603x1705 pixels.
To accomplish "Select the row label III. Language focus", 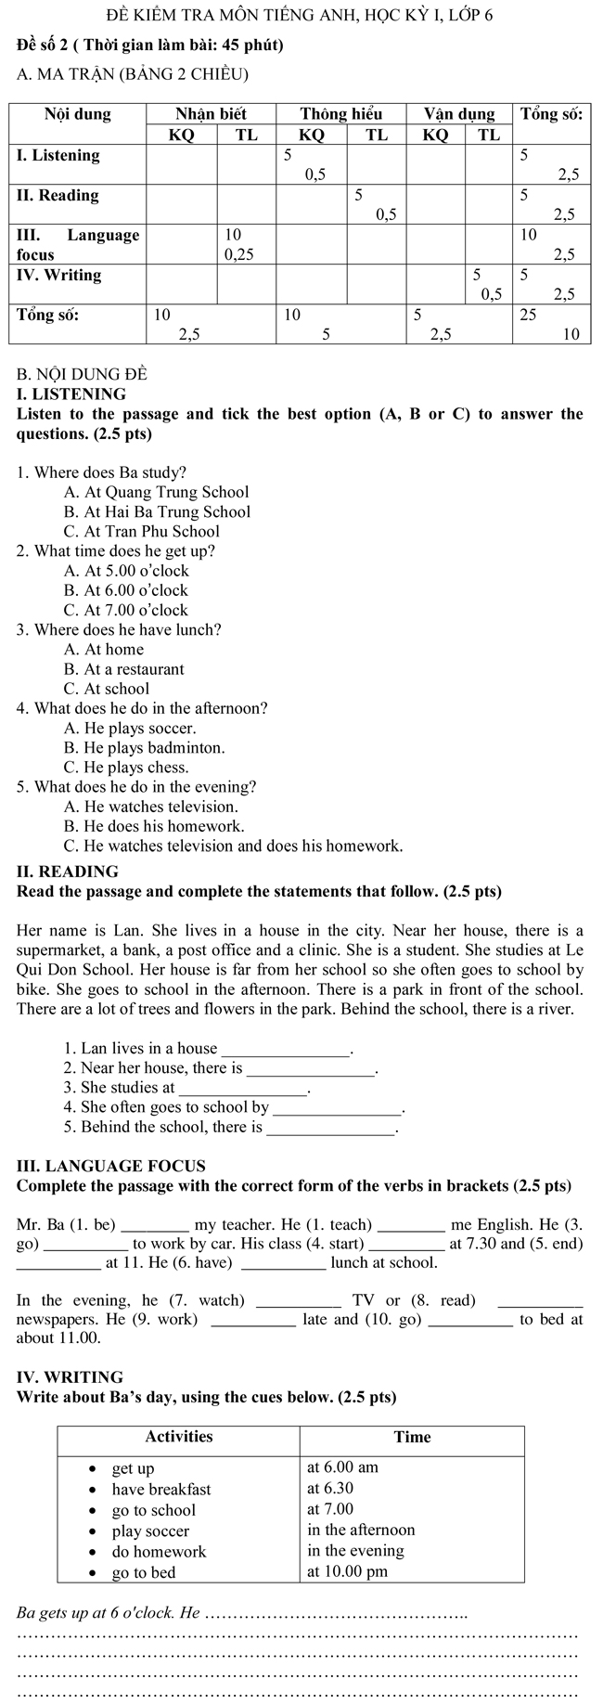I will [78, 244].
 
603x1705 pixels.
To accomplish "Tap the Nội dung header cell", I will [78, 114].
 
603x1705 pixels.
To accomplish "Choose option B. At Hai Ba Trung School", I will [157, 511].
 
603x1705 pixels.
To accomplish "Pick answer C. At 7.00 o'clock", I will [126, 610].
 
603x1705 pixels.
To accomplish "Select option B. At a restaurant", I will [124, 669].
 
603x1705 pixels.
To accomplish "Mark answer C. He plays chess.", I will [126, 768].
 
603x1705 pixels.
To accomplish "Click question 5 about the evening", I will [136, 787].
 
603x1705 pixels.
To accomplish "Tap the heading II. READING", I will [68, 872].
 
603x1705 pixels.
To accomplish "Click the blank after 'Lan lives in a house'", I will [286, 1050].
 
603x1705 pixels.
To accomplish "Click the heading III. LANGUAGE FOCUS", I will [111, 1166].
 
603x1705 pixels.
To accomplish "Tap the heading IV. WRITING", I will [70, 1377].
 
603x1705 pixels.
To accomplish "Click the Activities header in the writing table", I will [179, 1437].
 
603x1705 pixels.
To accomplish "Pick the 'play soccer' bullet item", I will [150, 1531].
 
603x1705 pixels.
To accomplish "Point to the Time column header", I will [412, 1437].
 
